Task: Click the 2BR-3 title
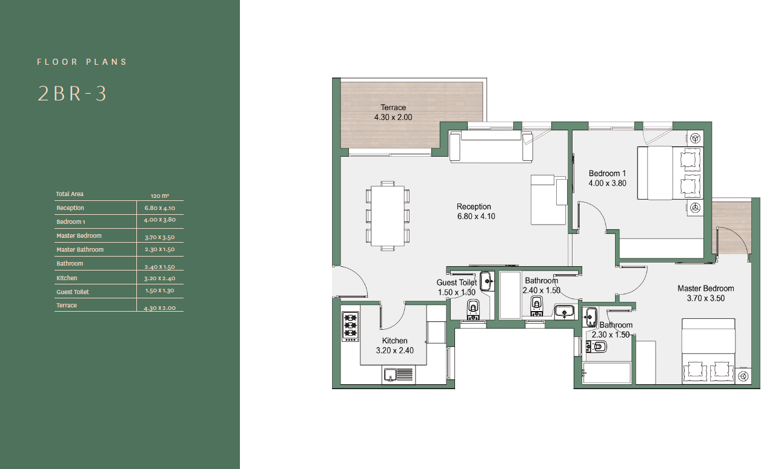tap(71, 94)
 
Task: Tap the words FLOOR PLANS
tap(82, 62)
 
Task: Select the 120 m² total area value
tap(159, 195)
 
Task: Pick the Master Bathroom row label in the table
tap(80, 249)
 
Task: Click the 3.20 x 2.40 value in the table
tap(159, 278)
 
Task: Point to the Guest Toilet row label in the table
tap(73, 292)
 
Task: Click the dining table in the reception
tap(387, 216)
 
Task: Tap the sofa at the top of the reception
tap(491, 146)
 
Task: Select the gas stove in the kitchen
tap(350, 326)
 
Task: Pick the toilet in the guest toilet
tap(473, 310)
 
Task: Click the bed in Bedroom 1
tap(670, 173)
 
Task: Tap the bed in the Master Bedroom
tap(708, 351)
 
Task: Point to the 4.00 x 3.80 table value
tap(159, 220)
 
